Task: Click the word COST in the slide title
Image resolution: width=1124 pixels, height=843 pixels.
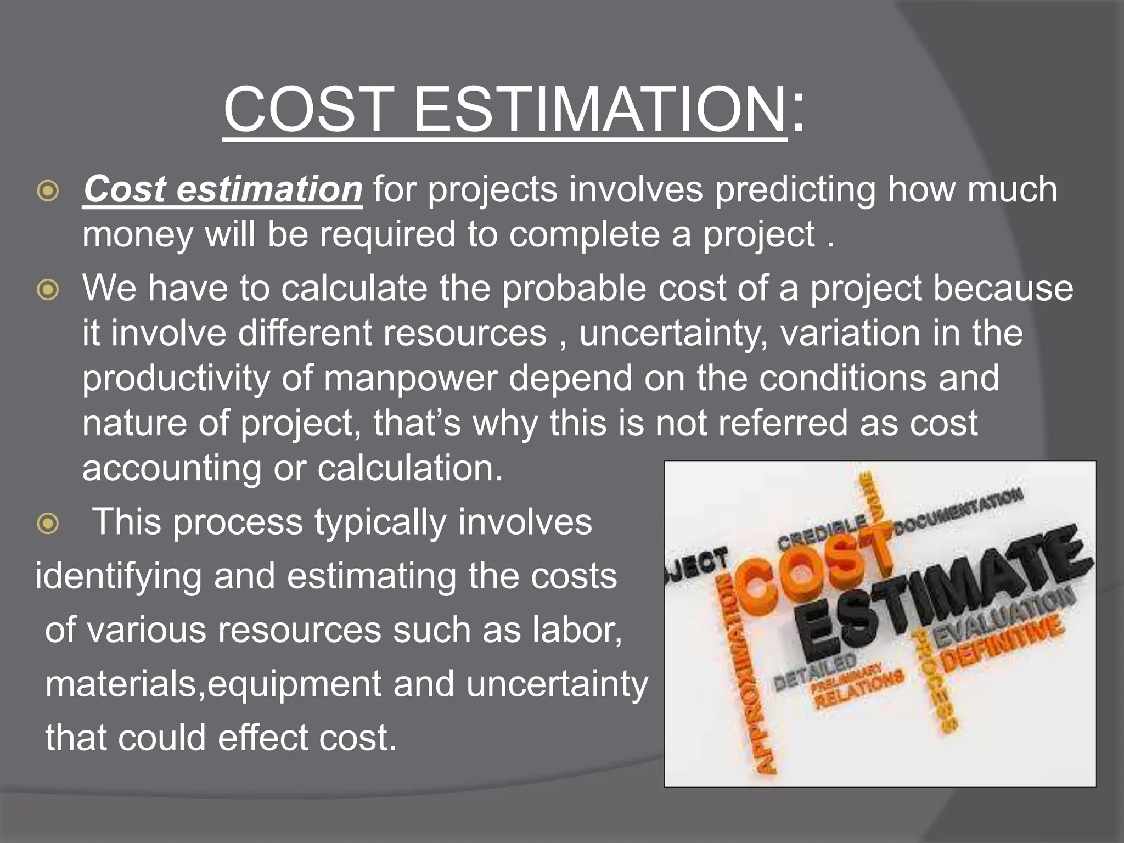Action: pyautogui.click(x=308, y=110)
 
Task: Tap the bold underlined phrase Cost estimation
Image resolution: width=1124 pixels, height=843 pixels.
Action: pyautogui.click(x=222, y=189)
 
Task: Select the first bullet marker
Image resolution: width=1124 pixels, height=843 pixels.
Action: pyautogui.click(x=48, y=190)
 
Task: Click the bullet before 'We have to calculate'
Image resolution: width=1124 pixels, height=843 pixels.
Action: pyautogui.click(x=48, y=289)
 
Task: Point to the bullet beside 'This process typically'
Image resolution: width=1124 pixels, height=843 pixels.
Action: pyautogui.click(x=48, y=523)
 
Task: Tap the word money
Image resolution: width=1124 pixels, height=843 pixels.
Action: pyautogui.click(x=137, y=235)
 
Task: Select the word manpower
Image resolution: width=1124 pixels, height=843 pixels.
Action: pyautogui.click(x=411, y=379)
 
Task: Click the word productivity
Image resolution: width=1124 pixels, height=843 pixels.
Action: pyautogui.click(x=176, y=379)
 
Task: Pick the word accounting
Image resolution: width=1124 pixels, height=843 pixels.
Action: pyautogui.click(x=171, y=469)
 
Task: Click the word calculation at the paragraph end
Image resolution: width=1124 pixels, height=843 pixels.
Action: pyautogui.click(x=409, y=469)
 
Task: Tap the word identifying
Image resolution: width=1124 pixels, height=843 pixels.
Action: pyautogui.click(x=118, y=577)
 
